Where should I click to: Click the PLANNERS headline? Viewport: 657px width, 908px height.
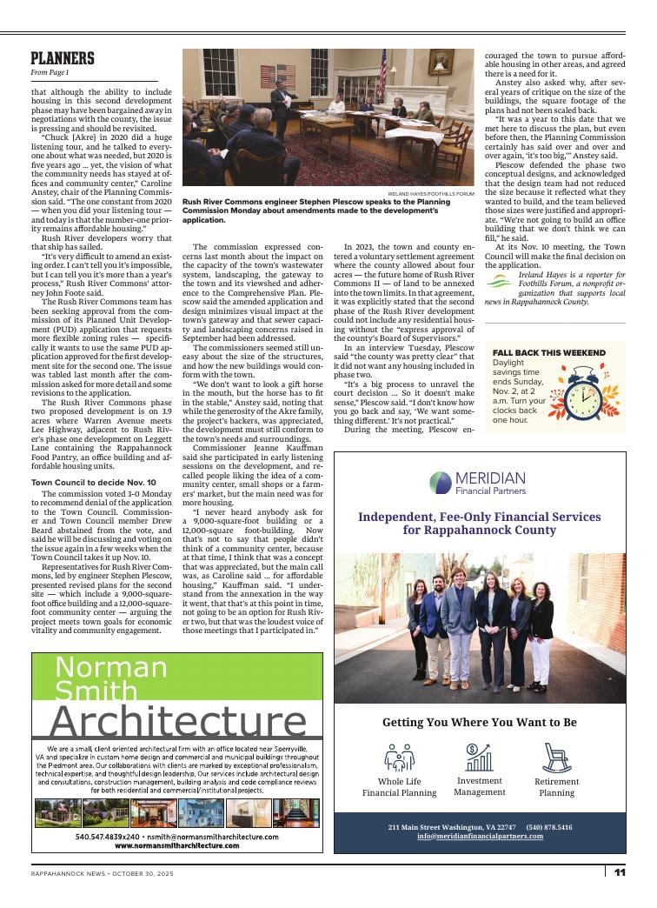[x=62, y=58]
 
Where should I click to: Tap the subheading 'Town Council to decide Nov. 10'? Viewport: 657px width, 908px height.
[x=94, y=482]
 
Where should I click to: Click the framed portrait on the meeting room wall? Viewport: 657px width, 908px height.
[x=441, y=63]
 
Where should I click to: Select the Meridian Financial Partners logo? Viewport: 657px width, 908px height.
[x=479, y=482]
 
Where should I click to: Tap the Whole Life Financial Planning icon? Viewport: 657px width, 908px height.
[x=399, y=758]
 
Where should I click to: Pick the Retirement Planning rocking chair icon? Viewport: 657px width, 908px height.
[x=556, y=758]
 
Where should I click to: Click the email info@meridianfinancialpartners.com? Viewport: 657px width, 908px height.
[x=480, y=836]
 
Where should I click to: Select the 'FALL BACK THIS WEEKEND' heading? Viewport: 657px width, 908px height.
[x=548, y=352]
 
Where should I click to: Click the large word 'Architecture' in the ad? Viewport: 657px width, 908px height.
[x=177, y=721]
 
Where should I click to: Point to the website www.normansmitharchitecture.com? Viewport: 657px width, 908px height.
[x=177, y=845]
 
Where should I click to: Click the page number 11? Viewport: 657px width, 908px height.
[x=620, y=872]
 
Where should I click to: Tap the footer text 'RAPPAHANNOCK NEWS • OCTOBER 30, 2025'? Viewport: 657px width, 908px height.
[x=96, y=872]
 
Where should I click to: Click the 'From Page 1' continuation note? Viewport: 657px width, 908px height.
[x=49, y=72]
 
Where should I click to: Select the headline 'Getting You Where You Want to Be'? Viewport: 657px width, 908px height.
[x=479, y=722]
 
